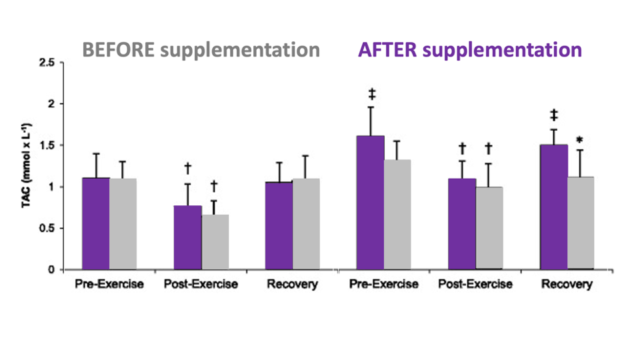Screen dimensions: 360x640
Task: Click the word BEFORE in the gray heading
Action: (116, 50)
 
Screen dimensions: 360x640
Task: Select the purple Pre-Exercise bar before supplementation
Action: (95, 223)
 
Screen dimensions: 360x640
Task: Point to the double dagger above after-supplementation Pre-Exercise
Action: (371, 93)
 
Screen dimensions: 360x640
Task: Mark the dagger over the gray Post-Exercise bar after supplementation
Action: (488, 148)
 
